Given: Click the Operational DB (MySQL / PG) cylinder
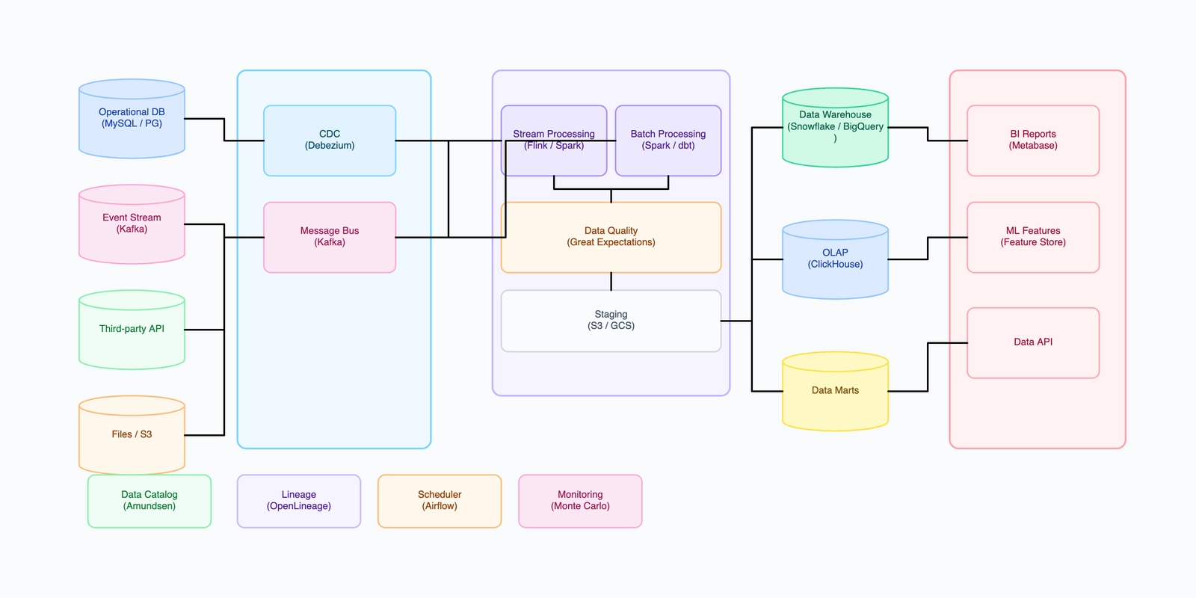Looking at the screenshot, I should click(x=132, y=120).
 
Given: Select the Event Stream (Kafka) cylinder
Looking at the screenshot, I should click(x=132, y=225).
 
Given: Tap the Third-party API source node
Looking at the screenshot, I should click(x=132, y=330).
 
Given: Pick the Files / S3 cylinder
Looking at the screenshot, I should click(x=132, y=436).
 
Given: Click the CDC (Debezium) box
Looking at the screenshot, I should click(x=330, y=141).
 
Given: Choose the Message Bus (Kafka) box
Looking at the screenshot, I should click(x=330, y=237).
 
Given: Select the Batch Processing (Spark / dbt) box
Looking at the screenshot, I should click(x=668, y=141).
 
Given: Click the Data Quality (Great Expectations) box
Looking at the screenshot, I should click(x=611, y=237).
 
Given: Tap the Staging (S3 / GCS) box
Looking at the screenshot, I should click(x=611, y=321).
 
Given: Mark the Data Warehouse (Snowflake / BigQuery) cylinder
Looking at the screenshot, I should click(x=835, y=129).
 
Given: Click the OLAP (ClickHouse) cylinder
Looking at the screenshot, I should click(x=835, y=260).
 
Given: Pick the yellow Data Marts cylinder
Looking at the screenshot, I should click(x=835, y=392).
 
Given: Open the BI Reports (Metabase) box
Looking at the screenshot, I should click(x=1033, y=141).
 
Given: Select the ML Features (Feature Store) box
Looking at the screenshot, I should click(x=1033, y=237).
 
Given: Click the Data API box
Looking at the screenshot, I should click(x=1033, y=342).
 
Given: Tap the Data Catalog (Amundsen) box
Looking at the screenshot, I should click(x=149, y=501).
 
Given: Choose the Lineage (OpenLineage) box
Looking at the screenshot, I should click(x=299, y=501).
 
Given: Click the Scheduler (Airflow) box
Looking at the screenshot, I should click(x=440, y=501).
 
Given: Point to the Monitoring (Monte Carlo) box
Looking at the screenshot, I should click(x=580, y=501).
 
